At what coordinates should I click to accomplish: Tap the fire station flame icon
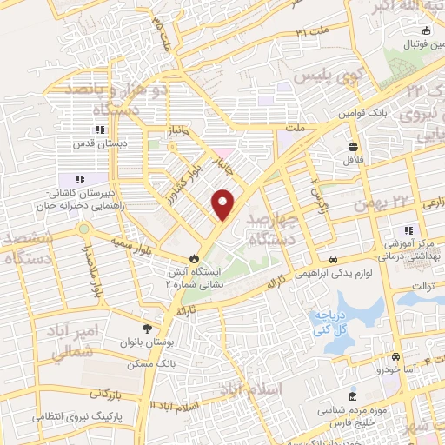tap(194, 258)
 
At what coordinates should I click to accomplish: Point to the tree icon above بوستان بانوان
tap(147, 329)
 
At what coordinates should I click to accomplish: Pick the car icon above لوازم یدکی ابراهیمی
tap(334, 260)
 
